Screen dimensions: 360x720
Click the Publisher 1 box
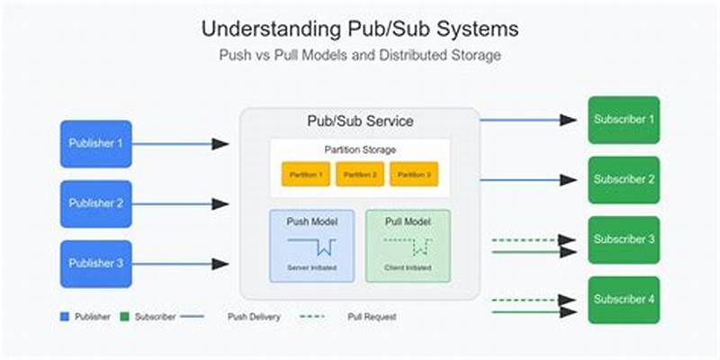96,144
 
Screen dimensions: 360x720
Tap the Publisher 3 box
96,264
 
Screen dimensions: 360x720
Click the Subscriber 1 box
624,120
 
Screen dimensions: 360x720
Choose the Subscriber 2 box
624,180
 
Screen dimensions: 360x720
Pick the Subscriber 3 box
624,240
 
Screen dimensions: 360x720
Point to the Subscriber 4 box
624,300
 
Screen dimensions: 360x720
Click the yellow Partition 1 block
306,174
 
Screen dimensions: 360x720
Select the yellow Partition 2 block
360,174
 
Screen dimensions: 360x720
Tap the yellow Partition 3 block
414,174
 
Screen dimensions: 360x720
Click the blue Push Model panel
312,246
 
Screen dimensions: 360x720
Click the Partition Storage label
360,149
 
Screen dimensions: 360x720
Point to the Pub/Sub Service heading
360,121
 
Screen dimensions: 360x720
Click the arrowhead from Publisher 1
220,144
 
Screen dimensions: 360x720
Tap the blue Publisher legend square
64,317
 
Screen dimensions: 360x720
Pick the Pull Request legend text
372,317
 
